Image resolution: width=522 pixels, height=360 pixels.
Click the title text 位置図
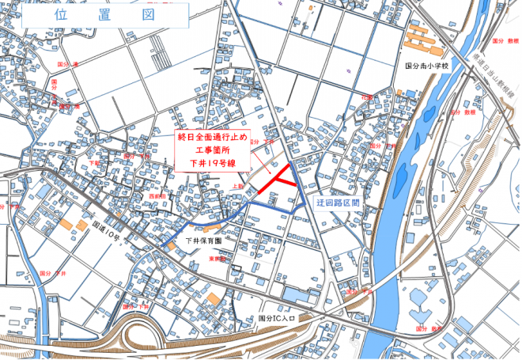[x=103, y=15]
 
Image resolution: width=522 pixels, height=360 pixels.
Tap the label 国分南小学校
[x=426, y=67]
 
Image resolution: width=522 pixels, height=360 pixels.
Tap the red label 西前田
[x=156, y=195]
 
